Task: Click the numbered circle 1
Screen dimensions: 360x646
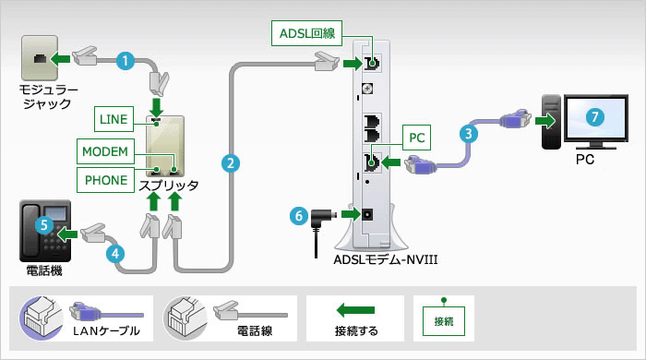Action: (127, 60)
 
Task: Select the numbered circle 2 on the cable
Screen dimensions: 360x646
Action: (231, 162)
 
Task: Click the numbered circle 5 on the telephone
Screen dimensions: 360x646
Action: (41, 223)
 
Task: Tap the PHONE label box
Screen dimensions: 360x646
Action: (106, 179)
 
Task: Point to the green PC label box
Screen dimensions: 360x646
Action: (417, 138)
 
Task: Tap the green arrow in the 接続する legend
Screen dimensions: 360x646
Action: (355, 309)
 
